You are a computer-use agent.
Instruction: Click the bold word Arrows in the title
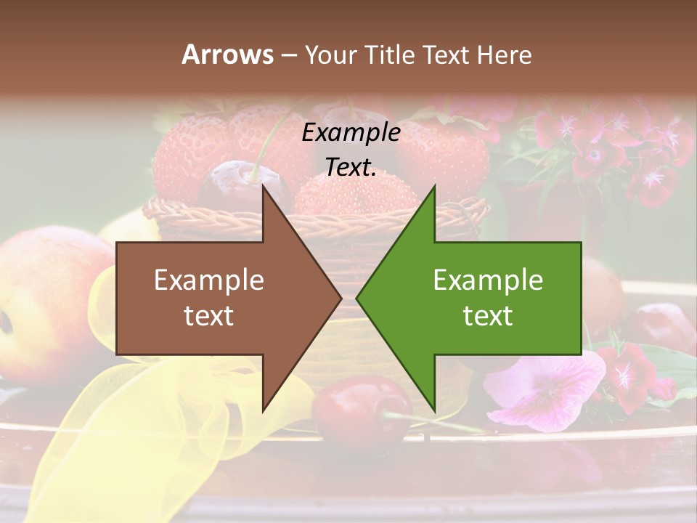(x=227, y=54)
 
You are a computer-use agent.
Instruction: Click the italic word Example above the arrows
(x=351, y=133)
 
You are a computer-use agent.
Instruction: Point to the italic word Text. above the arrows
(x=351, y=167)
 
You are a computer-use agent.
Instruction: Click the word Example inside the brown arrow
(x=209, y=280)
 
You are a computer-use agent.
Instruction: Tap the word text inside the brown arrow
(x=209, y=316)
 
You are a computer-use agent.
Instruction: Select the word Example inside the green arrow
(x=488, y=280)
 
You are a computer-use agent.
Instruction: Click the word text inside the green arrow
(x=488, y=316)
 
